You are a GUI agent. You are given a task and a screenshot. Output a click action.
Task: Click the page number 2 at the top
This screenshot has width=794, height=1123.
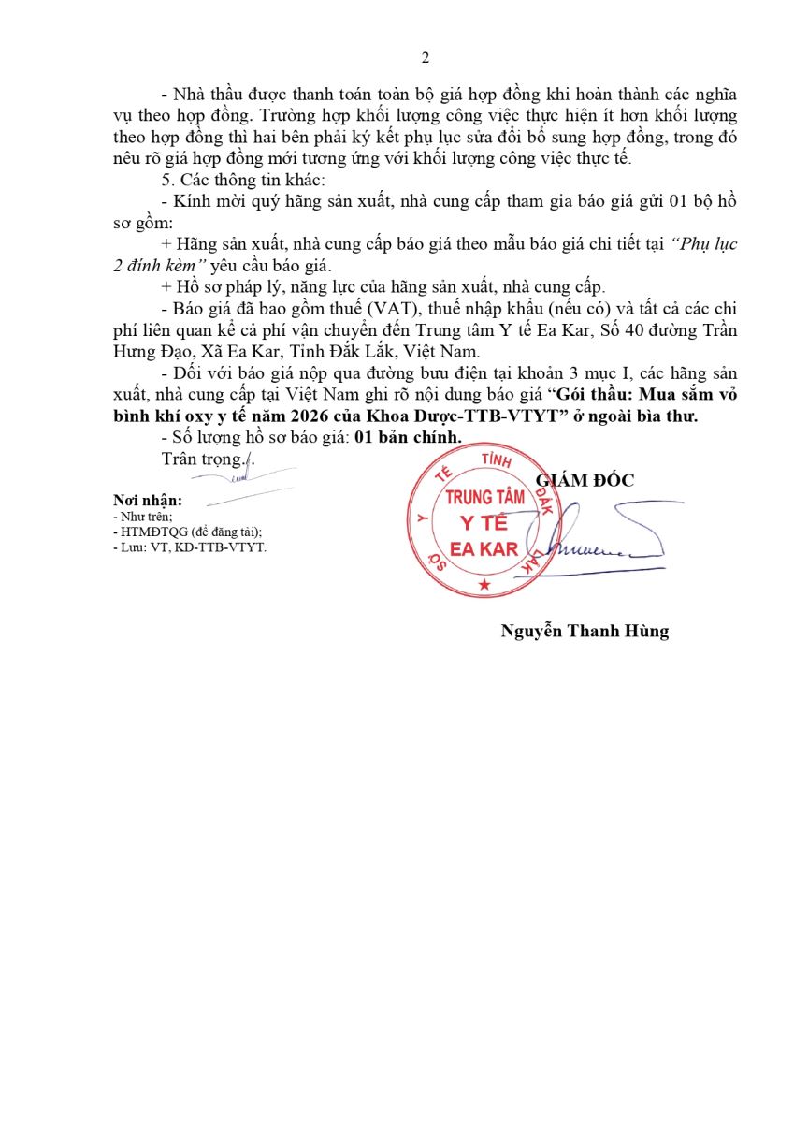coord(426,58)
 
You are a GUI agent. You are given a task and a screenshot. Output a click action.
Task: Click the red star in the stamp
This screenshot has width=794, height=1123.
coord(484,585)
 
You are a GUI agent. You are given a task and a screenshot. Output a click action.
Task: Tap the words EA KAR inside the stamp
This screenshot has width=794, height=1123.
coord(484,549)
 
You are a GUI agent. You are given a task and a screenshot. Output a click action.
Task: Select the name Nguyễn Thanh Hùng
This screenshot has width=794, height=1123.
coord(585,631)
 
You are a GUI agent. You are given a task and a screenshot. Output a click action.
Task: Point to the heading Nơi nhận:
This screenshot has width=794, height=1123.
coord(148,501)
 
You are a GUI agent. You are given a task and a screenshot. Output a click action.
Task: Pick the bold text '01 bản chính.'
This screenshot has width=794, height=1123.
coord(414,436)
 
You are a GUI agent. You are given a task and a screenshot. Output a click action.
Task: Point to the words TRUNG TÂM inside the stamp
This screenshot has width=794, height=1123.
coord(484,498)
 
